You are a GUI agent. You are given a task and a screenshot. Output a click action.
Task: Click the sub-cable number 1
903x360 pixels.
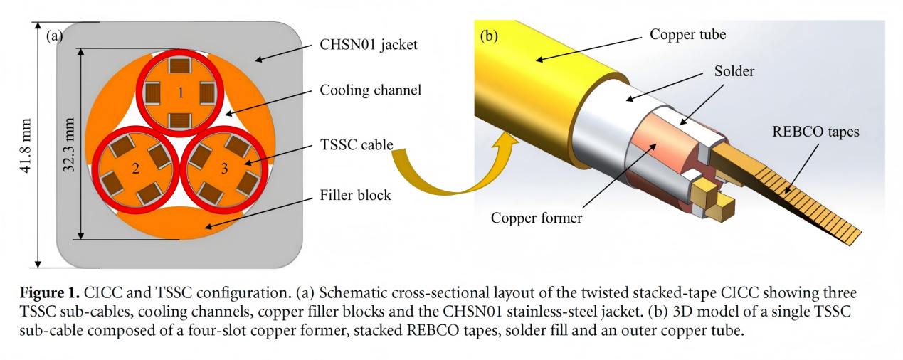[x=181, y=92]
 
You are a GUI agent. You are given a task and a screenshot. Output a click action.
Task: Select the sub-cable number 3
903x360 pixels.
[x=226, y=170]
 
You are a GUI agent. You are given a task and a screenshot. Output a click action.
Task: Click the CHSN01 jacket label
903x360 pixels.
[x=369, y=45]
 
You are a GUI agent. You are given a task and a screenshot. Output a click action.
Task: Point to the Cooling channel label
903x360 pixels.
[x=371, y=90]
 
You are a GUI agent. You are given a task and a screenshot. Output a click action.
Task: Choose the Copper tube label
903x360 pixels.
[x=687, y=34]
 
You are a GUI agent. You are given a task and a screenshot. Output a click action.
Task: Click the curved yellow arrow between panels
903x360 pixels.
[x=441, y=171]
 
